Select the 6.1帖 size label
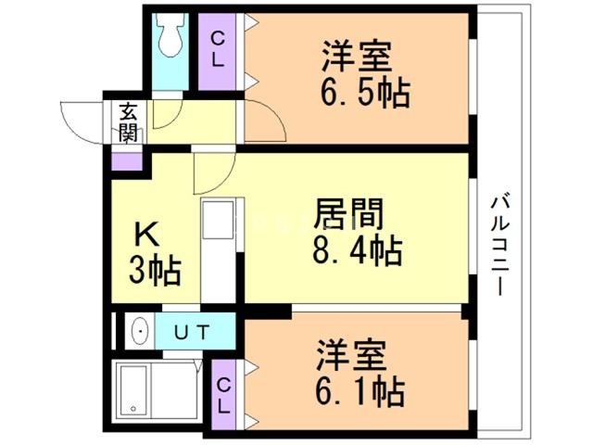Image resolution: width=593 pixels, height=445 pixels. click(360, 392)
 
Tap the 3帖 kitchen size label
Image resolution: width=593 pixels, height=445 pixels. click(154, 272)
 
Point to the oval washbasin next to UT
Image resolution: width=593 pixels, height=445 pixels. click(140, 330)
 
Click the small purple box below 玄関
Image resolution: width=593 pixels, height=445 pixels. click(127, 159)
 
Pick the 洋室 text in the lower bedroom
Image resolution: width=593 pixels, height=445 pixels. click(350, 357)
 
